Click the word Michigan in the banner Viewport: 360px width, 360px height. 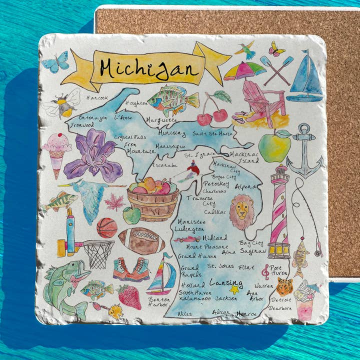coord(149,69)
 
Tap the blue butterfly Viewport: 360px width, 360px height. coord(55,63)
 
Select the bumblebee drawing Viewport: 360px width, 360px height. coord(62,104)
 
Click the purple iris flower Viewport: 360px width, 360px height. coord(94,155)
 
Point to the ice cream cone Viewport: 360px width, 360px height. coord(56,152)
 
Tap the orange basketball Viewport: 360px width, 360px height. coord(106,227)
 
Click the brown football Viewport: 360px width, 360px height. coord(141,241)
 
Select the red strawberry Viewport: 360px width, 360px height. coord(130,296)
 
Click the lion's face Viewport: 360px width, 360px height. coord(242,210)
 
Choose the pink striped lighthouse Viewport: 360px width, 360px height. coord(279,210)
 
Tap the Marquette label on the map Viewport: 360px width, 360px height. coord(161,120)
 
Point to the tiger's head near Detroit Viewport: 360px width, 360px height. coord(284,286)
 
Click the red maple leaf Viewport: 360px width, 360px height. coord(114,202)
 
